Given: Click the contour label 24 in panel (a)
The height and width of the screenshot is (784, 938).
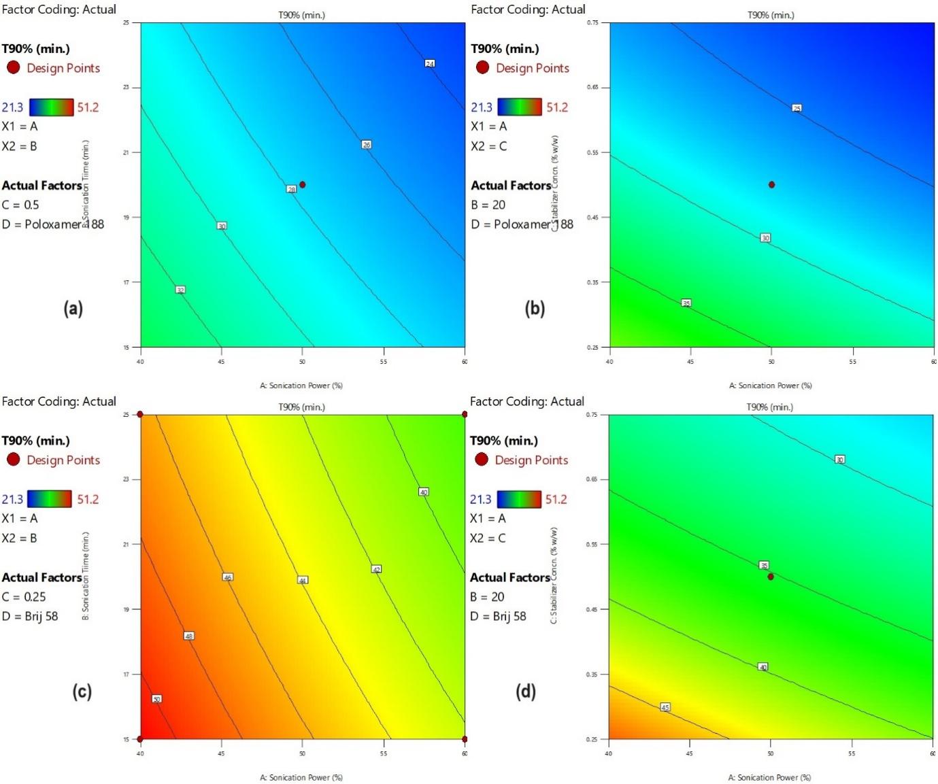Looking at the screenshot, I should click(x=430, y=63).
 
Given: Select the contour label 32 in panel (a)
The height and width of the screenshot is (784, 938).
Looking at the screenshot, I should click(x=180, y=290).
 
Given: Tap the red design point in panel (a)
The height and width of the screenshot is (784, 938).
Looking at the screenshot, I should click(x=303, y=184).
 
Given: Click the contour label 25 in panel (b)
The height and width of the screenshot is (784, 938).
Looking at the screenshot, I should click(x=797, y=107).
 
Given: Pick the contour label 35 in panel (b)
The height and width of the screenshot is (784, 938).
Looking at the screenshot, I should click(x=686, y=303).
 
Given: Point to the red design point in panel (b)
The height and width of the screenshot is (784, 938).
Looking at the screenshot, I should click(x=771, y=184).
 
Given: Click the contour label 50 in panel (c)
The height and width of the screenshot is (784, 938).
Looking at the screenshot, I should click(x=156, y=698).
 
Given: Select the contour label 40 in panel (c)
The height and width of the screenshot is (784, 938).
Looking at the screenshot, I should click(x=423, y=492).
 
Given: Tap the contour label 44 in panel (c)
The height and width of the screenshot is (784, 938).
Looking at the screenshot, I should click(x=303, y=579).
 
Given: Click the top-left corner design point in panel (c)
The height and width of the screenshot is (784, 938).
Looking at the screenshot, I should click(x=140, y=414).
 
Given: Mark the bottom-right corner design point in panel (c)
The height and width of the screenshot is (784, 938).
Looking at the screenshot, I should click(x=465, y=738).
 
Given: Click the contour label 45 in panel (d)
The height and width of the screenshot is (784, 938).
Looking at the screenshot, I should click(x=665, y=707).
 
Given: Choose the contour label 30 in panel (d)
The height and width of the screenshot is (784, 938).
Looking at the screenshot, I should click(x=839, y=460).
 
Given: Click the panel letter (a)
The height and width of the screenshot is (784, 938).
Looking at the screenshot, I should click(x=73, y=308).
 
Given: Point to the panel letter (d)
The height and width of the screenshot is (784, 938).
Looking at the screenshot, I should click(x=526, y=692).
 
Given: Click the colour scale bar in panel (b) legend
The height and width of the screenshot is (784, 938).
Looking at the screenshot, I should click(x=520, y=107).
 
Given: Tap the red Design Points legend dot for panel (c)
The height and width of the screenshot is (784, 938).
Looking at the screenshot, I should click(x=13, y=460).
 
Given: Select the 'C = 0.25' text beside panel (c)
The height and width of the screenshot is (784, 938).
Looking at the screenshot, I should click(x=24, y=596).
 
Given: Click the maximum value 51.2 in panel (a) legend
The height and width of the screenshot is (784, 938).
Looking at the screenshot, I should click(x=88, y=107).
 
